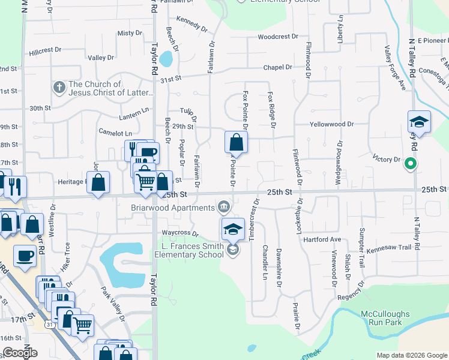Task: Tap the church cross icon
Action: click(x=59, y=88)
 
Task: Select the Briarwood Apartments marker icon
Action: click(x=224, y=207)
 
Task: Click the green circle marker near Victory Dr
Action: click(x=411, y=163)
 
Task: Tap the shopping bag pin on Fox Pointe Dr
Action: click(x=237, y=143)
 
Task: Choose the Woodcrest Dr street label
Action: click(x=278, y=37)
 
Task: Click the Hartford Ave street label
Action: click(x=323, y=239)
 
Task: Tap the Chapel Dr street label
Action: click(x=277, y=68)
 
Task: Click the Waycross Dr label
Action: click(x=179, y=233)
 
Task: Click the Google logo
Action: click(x=20, y=353)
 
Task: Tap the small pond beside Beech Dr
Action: click(x=166, y=59)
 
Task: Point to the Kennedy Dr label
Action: click(x=192, y=28)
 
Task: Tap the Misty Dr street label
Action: click(x=129, y=33)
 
